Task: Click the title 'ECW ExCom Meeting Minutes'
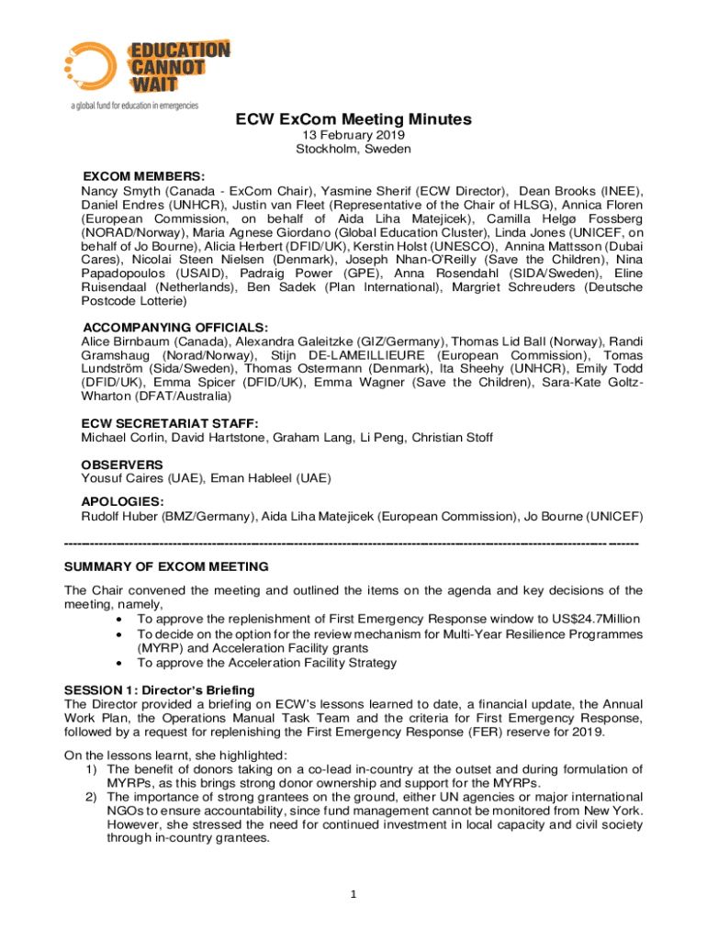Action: point(353,120)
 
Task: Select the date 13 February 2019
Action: point(353,136)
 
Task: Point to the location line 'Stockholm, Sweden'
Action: point(353,149)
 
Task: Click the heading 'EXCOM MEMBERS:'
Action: point(144,176)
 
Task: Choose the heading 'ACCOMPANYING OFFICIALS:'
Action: point(175,328)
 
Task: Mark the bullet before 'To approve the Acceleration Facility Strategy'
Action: point(119,663)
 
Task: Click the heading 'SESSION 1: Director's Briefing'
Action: point(159,689)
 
